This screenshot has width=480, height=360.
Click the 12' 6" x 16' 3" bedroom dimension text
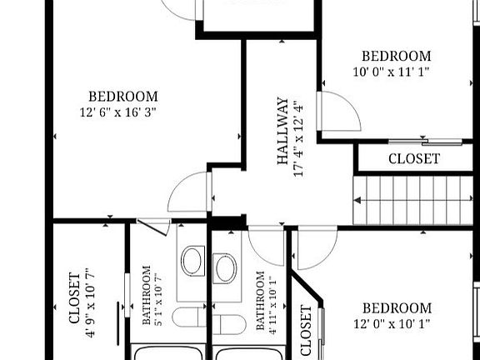[x=118, y=112]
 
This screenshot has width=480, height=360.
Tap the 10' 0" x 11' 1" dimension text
[x=391, y=72]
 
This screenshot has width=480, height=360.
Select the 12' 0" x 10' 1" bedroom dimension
[x=392, y=323]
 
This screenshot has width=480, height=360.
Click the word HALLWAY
[x=282, y=131]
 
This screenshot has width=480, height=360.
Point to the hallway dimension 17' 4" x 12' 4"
[x=299, y=139]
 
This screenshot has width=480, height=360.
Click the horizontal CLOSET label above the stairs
[x=414, y=158]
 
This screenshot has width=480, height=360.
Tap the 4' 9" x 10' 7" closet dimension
[x=90, y=303]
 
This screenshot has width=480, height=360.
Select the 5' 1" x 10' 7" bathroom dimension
[x=158, y=301]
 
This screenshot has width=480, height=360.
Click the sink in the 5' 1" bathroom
[x=192, y=261]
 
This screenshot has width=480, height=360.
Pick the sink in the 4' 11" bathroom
[x=225, y=268]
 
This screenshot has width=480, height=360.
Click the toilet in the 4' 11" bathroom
[x=230, y=324]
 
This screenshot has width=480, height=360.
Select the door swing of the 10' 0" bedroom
[x=352, y=104]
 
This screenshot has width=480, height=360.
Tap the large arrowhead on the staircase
[x=357, y=201]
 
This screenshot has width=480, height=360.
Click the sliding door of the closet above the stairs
[x=425, y=142]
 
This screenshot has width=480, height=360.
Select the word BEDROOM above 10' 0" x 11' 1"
[x=397, y=56]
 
